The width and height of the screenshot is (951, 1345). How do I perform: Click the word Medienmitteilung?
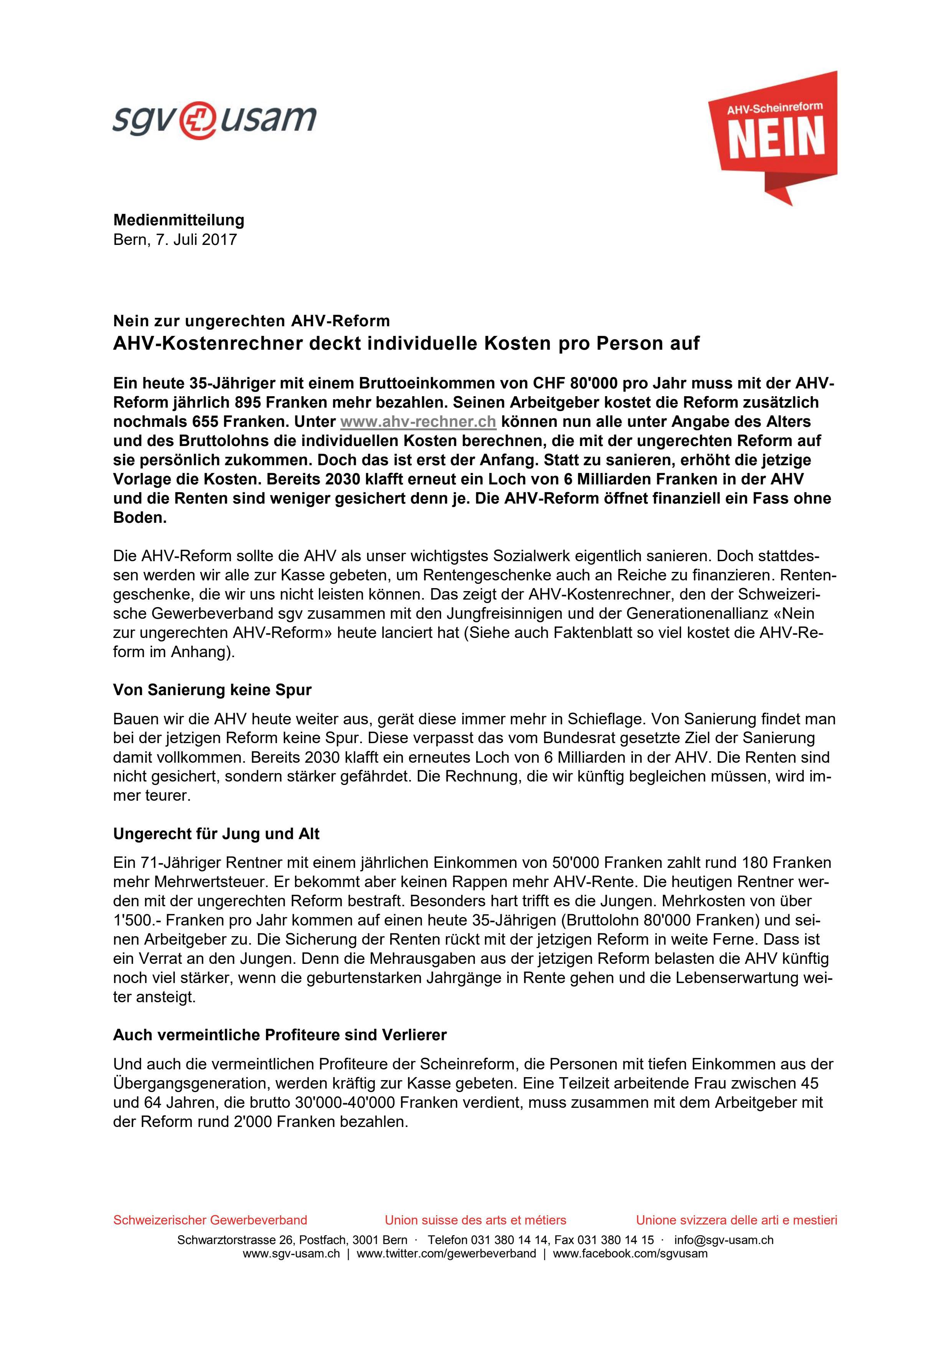(179, 220)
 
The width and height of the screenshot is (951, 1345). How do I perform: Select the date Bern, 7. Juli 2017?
(175, 240)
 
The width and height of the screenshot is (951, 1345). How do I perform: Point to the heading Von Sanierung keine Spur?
(212, 690)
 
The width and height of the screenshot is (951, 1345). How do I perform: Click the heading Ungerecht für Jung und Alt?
(216, 834)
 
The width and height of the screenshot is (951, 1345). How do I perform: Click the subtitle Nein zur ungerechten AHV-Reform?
(251, 321)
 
